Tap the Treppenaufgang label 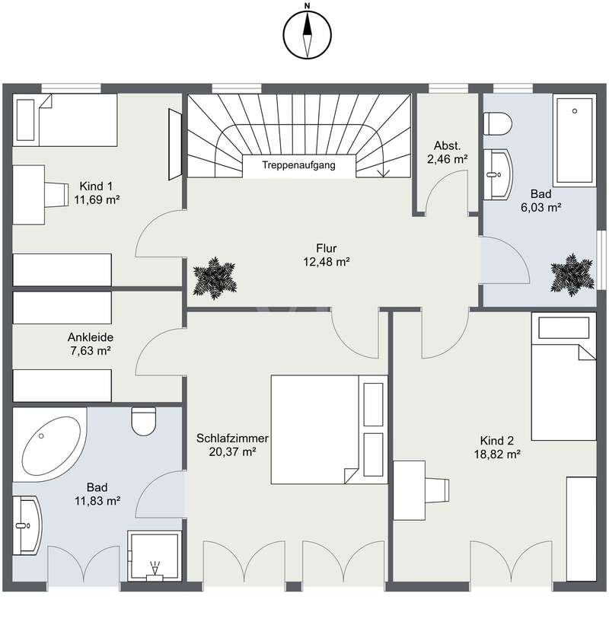[298, 165]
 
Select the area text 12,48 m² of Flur [327, 262]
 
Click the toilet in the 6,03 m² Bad [497, 123]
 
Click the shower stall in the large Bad [155, 556]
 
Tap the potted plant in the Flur [215, 278]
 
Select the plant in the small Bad [572, 275]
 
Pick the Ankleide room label [91, 337]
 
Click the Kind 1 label [96, 187]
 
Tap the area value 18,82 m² [497, 454]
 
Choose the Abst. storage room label [447, 145]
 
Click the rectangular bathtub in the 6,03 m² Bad [574, 140]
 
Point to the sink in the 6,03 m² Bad [497, 174]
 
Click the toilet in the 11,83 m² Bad [143, 421]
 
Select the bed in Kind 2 [563, 376]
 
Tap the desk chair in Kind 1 [56, 195]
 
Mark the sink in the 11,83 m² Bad [27, 525]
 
